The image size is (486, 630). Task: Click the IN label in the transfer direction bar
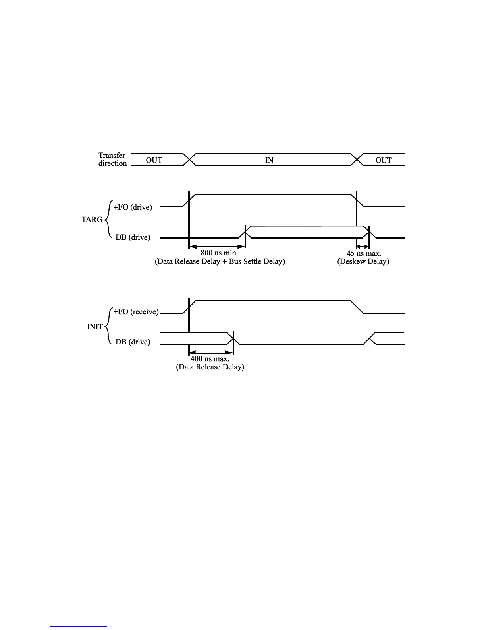[x=269, y=160]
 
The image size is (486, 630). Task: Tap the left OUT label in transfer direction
[x=154, y=160]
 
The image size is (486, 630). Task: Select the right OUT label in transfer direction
[x=383, y=160]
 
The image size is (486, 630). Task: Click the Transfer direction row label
[x=112, y=159]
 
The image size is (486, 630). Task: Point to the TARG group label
[x=92, y=220]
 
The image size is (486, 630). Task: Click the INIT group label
[x=95, y=327]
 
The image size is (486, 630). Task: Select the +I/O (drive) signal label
[x=133, y=207]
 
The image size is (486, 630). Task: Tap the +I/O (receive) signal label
[x=136, y=312]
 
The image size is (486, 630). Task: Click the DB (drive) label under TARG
[x=133, y=237]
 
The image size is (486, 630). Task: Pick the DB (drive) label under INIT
[x=133, y=342]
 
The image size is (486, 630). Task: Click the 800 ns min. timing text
[x=219, y=253]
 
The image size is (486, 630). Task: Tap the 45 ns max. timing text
[x=364, y=253]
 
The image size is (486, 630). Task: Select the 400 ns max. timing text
[x=210, y=359]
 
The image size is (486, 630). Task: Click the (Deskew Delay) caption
[x=363, y=262]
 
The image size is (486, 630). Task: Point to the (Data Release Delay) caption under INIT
[x=210, y=367]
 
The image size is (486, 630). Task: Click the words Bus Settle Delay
[x=257, y=262]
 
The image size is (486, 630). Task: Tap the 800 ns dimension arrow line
[x=217, y=247]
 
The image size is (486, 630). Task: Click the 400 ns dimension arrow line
[x=210, y=352]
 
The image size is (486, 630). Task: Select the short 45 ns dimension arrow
[x=363, y=247]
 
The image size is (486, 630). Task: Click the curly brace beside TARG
[x=107, y=219]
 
